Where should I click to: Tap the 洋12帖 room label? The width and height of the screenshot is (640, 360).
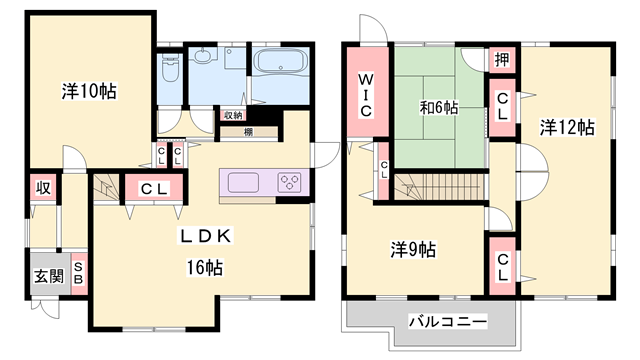pos(567,127)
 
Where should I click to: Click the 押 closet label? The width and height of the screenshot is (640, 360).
pos(501,60)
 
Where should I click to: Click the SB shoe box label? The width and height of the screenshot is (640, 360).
pos(78,277)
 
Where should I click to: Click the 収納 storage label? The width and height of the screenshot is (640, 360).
pos(232,116)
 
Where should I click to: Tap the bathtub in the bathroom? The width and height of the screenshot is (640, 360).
pos(281,64)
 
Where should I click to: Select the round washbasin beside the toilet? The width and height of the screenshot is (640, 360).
pos(206,59)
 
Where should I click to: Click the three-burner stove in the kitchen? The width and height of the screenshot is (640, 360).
pos(290,183)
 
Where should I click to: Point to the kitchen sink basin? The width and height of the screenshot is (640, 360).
pos(244,183)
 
